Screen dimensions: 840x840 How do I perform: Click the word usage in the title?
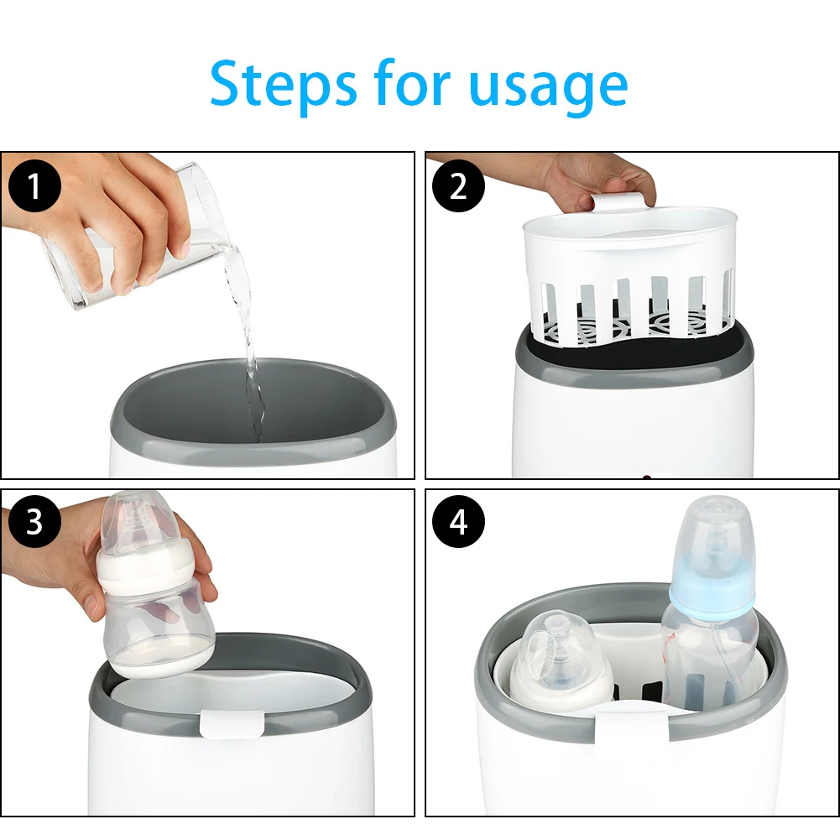coord(548,87)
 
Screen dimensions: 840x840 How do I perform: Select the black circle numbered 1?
coord(34,185)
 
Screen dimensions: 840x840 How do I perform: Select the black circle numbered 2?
coord(458,185)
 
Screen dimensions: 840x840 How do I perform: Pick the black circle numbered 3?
coord(34,521)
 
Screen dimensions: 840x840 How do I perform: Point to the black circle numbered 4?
coord(458,521)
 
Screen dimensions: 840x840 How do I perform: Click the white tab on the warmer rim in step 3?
coord(232,723)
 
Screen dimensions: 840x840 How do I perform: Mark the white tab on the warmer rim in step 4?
coord(632,727)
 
